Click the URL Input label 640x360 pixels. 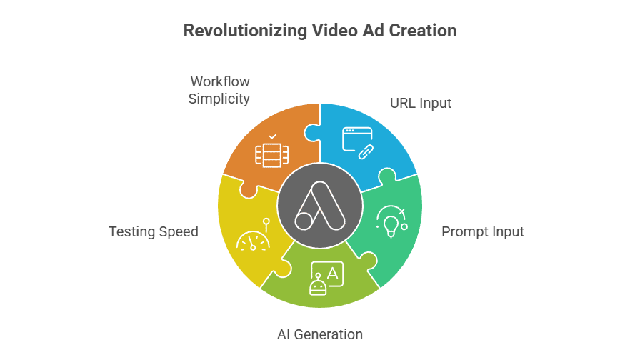[420, 103]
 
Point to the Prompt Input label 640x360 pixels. [482, 232]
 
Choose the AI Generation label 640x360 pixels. [319, 334]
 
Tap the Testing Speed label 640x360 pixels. [153, 232]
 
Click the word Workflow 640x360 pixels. [219, 81]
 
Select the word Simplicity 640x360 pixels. [219, 99]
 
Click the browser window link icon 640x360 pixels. [358, 141]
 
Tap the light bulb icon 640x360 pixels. [391, 221]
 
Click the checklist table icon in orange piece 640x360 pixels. [272, 151]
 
